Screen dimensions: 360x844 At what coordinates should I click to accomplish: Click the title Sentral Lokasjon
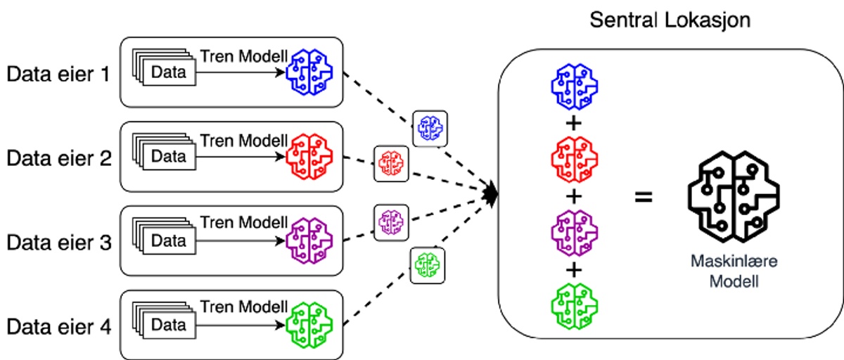pyautogui.click(x=670, y=20)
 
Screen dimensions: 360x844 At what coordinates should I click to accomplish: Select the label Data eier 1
pyautogui.click(x=58, y=73)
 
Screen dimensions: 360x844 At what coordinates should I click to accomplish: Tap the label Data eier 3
pyautogui.click(x=58, y=243)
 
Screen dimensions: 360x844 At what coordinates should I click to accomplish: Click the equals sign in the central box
pyautogui.click(x=643, y=196)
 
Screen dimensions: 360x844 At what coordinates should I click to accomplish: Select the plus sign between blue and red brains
pyautogui.click(x=574, y=124)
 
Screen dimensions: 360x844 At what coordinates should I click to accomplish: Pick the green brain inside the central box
pyautogui.click(x=574, y=303)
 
